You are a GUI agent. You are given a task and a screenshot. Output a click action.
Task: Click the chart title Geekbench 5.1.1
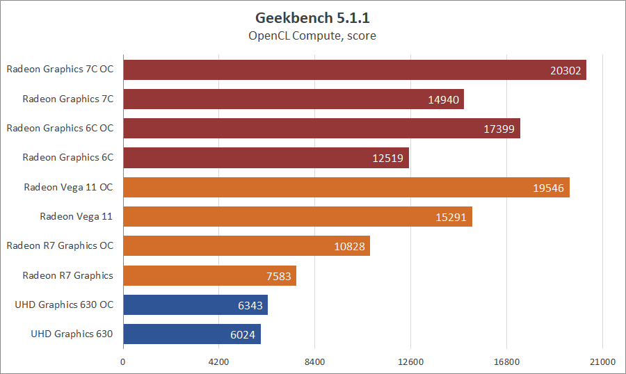coord(312,17)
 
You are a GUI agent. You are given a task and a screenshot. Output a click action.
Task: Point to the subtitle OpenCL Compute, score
coord(312,35)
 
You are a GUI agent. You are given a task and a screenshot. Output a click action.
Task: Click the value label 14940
coord(443,99)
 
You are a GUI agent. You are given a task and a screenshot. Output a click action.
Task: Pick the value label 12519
coord(388,158)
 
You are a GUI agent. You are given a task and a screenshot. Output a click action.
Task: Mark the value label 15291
coord(451,217)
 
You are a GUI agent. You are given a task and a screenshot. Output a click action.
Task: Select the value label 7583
coord(279,276)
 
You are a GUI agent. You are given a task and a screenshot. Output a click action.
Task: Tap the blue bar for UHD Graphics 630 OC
coord(195,304)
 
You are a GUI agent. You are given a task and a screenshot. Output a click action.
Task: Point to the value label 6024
coord(243,334)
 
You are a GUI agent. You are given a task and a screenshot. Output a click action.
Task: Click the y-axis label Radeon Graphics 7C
coord(67,99)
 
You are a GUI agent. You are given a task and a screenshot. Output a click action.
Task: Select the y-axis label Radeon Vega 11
coord(76,216)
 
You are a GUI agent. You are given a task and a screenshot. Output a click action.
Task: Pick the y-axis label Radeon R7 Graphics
coord(67,275)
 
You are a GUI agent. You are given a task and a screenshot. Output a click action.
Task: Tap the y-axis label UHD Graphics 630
coord(72,334)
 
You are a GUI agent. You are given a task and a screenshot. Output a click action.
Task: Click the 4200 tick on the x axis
coord(218,362)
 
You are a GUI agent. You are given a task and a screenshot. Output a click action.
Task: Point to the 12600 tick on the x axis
coord(410,362)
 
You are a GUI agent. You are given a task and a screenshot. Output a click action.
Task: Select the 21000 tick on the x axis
coord(602,362)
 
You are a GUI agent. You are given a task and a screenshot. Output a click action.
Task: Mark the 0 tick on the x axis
coord(123,362)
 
